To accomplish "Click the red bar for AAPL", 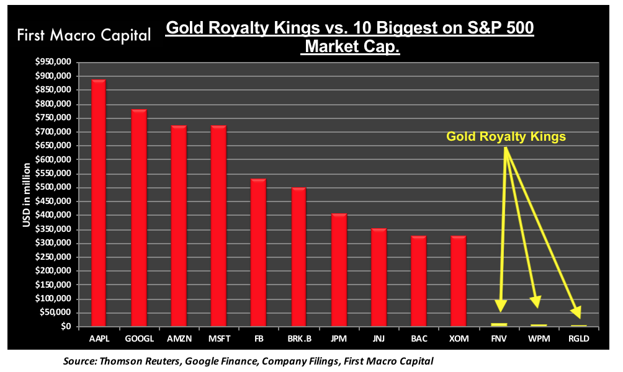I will click(99, 202).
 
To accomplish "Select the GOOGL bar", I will click(138, 217).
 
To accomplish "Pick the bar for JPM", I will click(339, 269).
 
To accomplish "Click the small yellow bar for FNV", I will click(499, 324).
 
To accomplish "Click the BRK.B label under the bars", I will click(298, 340).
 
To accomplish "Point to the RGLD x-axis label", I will click(578, 340).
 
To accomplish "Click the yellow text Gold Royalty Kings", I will click(506, 137).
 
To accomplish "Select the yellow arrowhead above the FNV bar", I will click(500, 305).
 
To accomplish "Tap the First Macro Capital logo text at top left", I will click(84, 35).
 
